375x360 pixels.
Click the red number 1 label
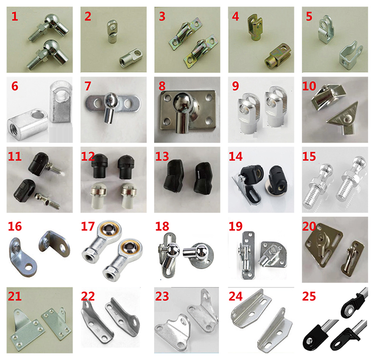[15, 16]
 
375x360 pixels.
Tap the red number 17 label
[88, 227]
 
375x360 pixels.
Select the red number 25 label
[309, 296]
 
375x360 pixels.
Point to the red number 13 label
[162, 156]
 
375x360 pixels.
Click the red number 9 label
[236, 86]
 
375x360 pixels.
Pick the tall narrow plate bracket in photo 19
[246, 255]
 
